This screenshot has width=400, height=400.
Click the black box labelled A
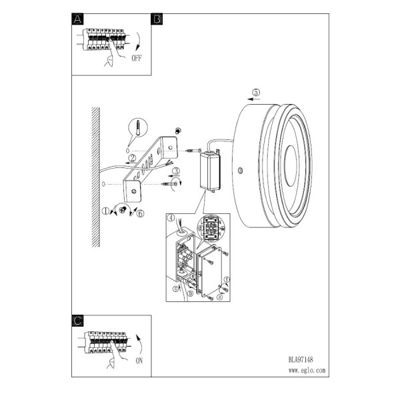(x=77, y=19)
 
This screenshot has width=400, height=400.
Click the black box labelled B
(x=157, y=19)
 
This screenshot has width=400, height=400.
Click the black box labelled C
(x=77, y=321)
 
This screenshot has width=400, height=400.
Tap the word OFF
(x=137, y=58)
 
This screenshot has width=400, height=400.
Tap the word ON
(x=139, y=361)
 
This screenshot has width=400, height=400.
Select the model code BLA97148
(x=301, y=360)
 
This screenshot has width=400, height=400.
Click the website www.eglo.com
(x=307, y=371)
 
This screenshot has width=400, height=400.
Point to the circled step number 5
(x=256, y=93)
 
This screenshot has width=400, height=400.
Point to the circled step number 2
(x=132, y=158)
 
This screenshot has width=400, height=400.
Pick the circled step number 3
(x=176, y=171)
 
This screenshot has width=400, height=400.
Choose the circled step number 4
(x=171, y=218)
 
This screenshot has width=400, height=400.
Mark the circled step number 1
(x=105, y=211)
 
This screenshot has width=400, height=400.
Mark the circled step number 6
(x=140, y=213)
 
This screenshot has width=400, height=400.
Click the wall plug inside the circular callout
(x=138, y=127)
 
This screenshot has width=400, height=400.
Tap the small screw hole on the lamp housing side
(x=240, y=171)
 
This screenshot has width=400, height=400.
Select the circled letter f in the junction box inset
(x=227, y=279)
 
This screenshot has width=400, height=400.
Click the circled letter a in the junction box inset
(x=219, y=297)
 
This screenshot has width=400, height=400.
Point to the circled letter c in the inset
(x=175, y=289)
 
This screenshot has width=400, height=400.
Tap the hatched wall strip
(x=95, y=177)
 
